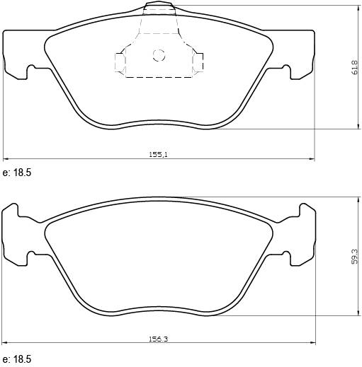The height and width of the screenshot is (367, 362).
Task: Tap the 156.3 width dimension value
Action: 159,339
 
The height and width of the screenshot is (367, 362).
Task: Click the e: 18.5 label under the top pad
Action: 18,173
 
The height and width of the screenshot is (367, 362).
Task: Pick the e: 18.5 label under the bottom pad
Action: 18,360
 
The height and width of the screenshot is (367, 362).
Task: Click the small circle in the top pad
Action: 159,54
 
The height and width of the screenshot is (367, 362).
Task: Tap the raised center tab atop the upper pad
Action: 159,8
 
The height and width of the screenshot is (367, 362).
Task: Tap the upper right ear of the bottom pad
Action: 305,209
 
